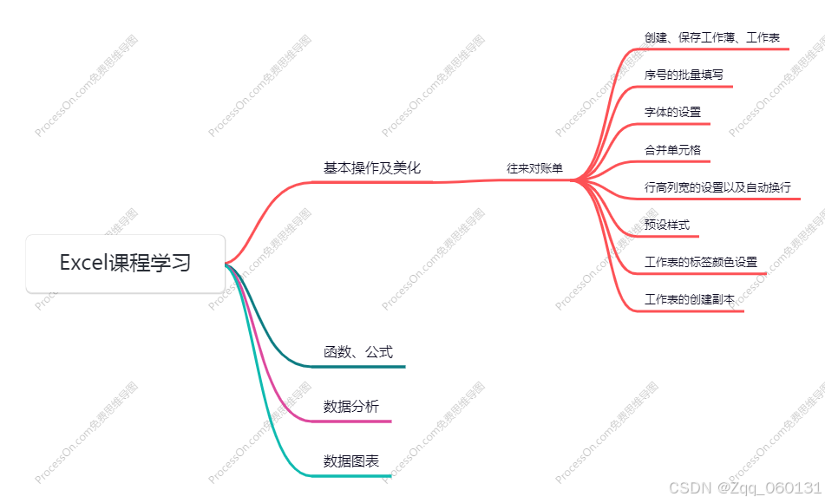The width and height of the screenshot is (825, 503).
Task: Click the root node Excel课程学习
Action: pyautogui.click(x=126, y=263)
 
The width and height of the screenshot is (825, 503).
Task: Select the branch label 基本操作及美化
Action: pyautogui.click(x=371, y=168)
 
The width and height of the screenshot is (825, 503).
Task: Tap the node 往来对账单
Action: pyautogui.click(x=534, y=168)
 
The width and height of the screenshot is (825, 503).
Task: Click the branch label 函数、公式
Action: pyautogui.click(x=357, y=352)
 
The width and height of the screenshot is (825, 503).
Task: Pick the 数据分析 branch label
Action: pyautogui.click(x=350, y=407)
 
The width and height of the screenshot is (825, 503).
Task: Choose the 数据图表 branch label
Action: pyautogui.click(x=350, y=461)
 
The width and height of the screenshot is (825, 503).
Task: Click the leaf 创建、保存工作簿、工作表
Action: pyautogui.click(x=711, y=38)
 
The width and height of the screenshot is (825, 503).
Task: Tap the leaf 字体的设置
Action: pyautogui.click(x=672, y=113)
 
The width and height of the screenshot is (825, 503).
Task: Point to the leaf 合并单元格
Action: pyautogui.click(x=672, y=150)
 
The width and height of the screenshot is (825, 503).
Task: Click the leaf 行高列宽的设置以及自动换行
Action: pyautogui.click(x=717, y=187)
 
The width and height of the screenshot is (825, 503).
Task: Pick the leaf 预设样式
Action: pyautogui.click(x=667, y=225)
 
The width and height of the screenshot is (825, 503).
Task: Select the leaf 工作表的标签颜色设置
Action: pyautogui.click(x=701, y=262)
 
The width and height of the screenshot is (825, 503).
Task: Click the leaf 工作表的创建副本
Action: pyautogui.click(x=690, y=299)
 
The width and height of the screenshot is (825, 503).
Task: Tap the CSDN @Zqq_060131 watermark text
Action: pyautogui.click(x=745, y=488)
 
